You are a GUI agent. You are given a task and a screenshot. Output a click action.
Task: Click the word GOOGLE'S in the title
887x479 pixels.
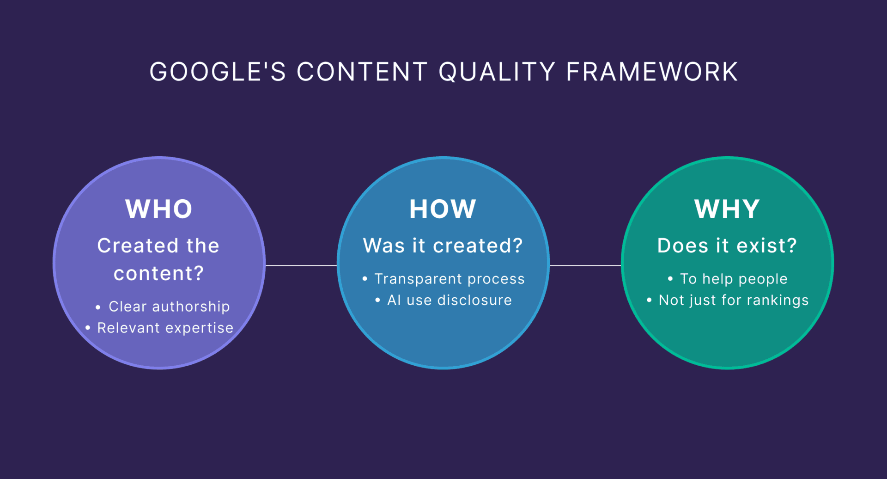point(218,72)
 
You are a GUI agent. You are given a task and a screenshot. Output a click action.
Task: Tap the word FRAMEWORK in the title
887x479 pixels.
point(652,72)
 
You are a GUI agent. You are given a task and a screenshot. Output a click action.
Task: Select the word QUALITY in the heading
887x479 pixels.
point(497,72)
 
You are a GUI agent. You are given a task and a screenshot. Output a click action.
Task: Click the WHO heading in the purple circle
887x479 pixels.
point(159,209)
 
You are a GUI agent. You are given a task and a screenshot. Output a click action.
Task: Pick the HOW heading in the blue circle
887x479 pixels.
point(443,209)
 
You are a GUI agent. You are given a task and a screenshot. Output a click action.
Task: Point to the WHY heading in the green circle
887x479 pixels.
point(727,209)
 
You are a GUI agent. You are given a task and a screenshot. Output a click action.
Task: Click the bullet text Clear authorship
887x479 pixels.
point(169,307)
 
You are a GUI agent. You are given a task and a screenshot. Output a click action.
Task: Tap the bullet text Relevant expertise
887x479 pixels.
point(165,328)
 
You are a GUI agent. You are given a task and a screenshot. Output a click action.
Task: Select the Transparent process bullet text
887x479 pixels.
point(450,279)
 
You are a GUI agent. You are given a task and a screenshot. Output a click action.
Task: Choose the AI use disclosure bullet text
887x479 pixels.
point(450,300)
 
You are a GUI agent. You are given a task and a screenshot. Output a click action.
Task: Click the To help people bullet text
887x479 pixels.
point(734,279)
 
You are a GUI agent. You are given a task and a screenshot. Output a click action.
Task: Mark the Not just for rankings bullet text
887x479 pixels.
point(734,300)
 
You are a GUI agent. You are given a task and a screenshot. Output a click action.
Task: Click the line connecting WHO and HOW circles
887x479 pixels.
point(301,265)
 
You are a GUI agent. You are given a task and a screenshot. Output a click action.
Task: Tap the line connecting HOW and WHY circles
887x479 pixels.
point(585,265)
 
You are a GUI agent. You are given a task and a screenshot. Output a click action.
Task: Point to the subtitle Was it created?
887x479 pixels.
point(443,246)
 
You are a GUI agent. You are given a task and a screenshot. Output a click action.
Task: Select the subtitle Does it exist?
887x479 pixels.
point(727,246)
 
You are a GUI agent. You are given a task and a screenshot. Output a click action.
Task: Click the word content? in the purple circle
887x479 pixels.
point(159,273)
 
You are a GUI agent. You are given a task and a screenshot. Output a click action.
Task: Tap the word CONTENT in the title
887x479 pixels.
point(362,72)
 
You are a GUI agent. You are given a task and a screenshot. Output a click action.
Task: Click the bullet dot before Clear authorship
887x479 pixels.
point(98,307)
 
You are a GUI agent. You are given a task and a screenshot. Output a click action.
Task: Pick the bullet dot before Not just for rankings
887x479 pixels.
point(649,301)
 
